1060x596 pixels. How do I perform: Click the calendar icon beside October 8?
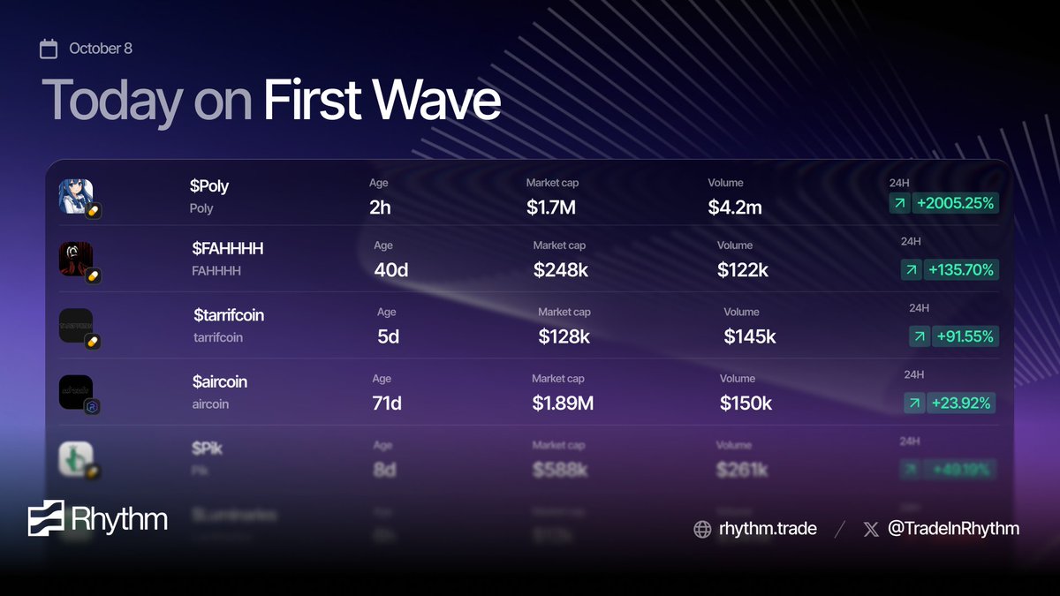49,49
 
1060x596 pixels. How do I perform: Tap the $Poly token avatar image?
76,196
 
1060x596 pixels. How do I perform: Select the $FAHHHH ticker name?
227,248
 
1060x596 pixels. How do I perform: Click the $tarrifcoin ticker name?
229,315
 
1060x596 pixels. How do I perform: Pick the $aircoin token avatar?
76,392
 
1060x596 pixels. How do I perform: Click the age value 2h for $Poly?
380,208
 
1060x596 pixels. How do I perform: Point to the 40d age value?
390,270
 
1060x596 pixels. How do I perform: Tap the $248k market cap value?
560,270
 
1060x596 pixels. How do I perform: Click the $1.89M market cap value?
563,404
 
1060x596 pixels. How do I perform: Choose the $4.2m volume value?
734,208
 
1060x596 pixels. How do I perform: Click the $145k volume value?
750,336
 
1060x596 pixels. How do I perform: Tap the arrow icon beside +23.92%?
914,404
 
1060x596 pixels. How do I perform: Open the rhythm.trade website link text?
768,529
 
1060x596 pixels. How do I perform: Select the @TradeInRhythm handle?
953,529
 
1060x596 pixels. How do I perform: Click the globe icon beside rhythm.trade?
702,529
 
